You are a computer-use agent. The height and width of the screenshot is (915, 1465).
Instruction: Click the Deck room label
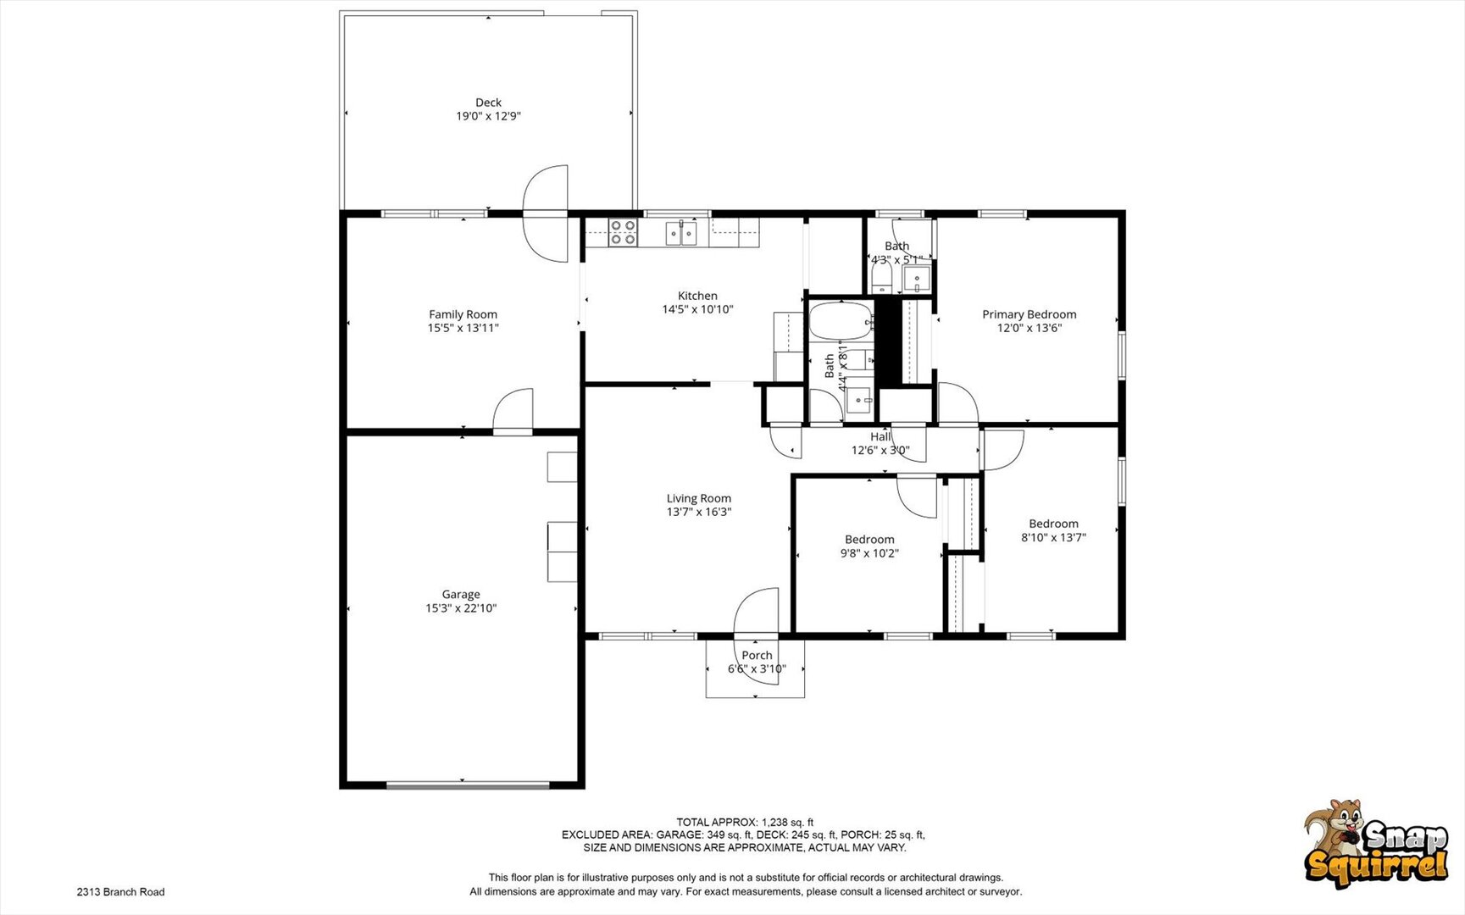click(x=488, y=103)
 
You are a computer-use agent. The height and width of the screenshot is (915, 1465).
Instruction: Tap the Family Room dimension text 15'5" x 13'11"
click(x=463, y=328)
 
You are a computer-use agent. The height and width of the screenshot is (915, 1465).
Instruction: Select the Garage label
click(x=460, y=595)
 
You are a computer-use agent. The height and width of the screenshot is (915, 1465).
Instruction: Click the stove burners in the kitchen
click(x=623, y=232)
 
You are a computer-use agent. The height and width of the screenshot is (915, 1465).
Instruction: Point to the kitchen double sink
click(x=681, y=232)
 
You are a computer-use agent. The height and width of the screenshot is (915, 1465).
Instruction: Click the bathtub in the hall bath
click(x=840, y=322)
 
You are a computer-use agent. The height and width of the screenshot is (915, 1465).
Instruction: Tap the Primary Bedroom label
click(x=1029, y=314)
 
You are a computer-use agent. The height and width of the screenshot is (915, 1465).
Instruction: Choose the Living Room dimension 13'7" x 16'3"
click(x=698, y=512)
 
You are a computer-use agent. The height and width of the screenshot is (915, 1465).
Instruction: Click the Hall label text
click(x=880, y=437)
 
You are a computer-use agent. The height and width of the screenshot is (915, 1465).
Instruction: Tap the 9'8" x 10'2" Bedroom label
click(x=869, y=540)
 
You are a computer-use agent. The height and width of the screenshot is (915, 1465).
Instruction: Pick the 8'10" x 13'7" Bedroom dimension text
click(x=1053, y=537)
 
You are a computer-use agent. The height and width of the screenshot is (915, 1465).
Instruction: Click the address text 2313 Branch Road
click(x=120, y=892)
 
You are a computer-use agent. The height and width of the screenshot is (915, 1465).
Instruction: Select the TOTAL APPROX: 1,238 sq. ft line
click(x=744, y=822)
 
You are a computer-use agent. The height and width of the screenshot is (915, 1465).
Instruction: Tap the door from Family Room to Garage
click(x=513, y=413)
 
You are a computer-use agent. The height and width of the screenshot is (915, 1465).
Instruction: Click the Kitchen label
click(x=697, y=296)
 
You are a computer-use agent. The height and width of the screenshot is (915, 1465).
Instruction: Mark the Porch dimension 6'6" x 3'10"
click(x=757, y=669)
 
